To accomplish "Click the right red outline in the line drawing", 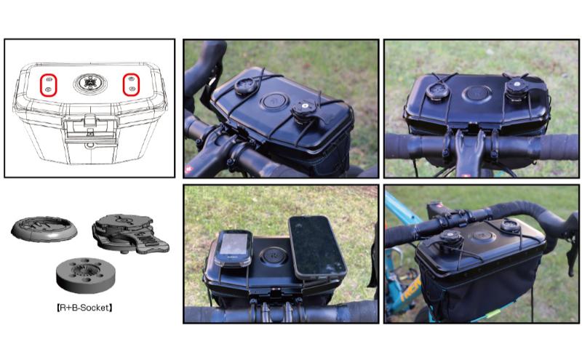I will (131, 83).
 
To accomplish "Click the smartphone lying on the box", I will (317, 246).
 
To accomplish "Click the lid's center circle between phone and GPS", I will (276, 255).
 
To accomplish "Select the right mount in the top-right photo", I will (518, 87).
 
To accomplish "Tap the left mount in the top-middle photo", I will (244, 87).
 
